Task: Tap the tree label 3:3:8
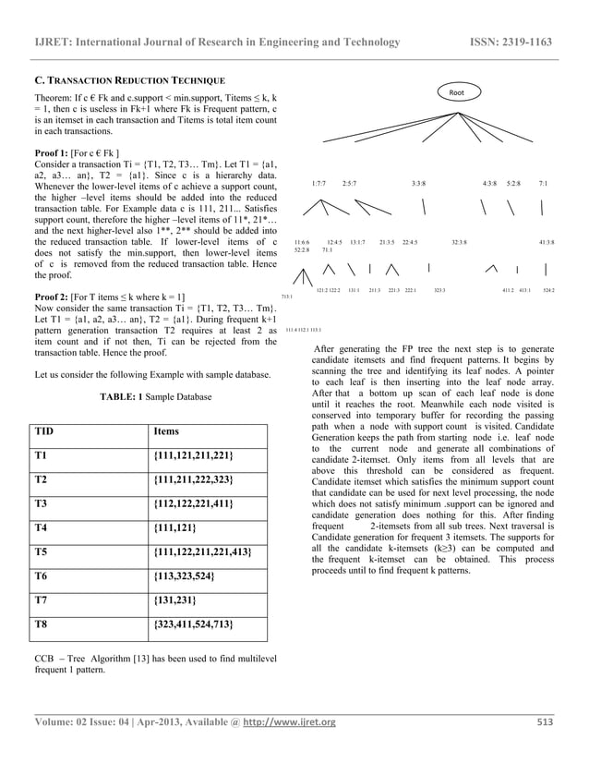pos(418,184)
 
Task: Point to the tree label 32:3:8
pos(459,242)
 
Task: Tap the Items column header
pos(166,431)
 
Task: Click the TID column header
pos(43,431)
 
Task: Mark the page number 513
pos(545,721)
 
